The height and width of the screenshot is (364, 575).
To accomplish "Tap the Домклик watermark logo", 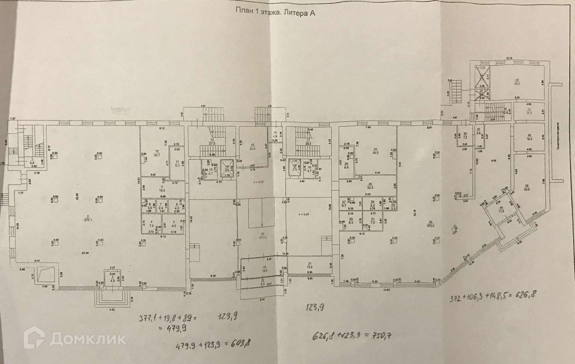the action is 75,338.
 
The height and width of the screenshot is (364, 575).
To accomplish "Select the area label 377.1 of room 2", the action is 88,224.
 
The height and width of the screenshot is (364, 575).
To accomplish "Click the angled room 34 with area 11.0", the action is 501,209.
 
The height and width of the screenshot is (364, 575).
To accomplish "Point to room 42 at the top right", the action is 517,82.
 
